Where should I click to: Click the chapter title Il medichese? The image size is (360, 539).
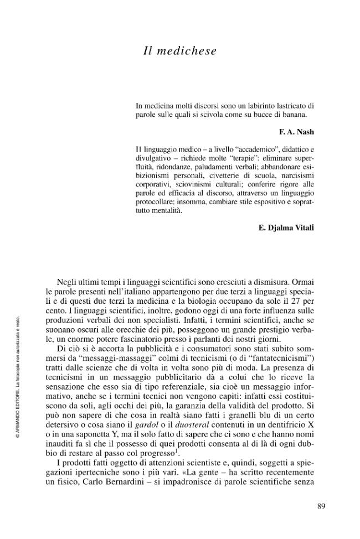point(179,51)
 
